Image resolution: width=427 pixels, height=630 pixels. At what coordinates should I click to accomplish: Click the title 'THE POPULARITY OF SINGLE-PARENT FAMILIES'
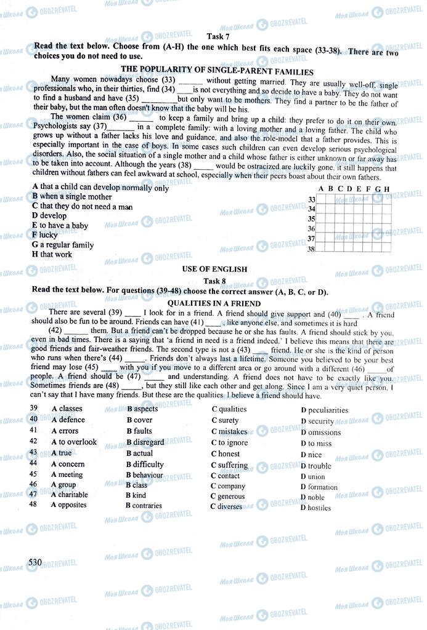coord(218,71)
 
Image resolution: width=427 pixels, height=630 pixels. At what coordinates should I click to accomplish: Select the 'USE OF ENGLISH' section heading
coord(214,269)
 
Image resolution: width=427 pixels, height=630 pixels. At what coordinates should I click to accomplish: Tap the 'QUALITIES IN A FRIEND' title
coord(214,303)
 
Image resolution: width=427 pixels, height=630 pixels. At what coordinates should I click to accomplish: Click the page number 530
coord(35,562)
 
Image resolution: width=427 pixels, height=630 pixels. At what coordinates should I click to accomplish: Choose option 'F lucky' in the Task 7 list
coord(45,235)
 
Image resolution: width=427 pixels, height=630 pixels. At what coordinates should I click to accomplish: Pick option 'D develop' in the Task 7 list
coord(49,216)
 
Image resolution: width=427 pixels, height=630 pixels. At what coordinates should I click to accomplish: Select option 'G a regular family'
coord(63,245)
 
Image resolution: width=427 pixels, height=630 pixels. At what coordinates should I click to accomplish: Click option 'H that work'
coord(52,254)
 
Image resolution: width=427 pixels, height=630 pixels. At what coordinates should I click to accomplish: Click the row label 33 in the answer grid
coord(311,199)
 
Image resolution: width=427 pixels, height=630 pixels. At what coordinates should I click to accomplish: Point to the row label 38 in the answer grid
coord(311,249)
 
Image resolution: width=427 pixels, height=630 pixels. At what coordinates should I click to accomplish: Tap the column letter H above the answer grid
coord(386,189)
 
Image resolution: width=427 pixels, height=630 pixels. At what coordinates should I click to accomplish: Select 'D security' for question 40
coord(317,421)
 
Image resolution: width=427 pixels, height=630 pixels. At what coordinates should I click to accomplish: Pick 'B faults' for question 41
coord(139,431)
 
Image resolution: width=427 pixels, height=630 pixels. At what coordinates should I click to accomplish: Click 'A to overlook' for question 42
coord(74,442)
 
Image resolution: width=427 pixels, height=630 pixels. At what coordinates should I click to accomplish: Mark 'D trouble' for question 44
coord(316,466)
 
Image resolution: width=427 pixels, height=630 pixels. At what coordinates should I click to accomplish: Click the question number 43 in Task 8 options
coord(34,452)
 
